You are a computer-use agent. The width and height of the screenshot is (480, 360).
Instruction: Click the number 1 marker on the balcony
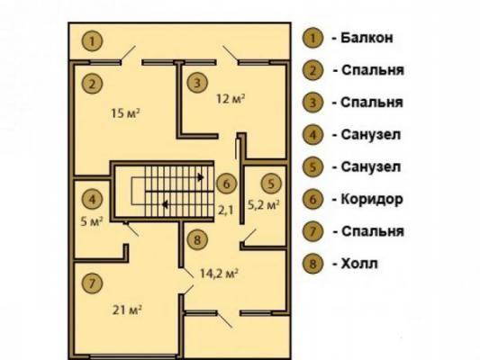click(92, 41)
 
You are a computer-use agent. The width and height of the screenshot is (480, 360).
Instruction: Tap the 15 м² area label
click(125, 113)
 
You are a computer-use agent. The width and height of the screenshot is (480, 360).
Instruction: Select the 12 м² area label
click(231, 99)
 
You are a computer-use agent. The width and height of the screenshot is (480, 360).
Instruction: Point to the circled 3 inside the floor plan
click(197, 83)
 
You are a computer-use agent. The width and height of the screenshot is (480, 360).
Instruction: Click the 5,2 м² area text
click(263, 205)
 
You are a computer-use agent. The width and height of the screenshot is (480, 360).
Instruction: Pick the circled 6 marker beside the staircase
click(227, 184)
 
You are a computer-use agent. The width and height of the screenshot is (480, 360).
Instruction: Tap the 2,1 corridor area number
click(225, 210)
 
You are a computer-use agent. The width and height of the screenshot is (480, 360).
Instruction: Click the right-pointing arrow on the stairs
click(201, 177)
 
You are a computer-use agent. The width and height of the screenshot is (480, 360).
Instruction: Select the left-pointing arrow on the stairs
click(165, 204)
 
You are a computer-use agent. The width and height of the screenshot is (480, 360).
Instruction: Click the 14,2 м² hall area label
click(219, 273)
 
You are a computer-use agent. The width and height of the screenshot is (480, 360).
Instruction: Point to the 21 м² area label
click(127, 310)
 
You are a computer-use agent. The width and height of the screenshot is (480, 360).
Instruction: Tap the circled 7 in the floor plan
click(92, 283)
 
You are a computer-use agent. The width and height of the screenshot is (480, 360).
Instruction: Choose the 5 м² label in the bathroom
click(92, 221)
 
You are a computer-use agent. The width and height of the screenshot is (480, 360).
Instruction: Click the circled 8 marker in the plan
click(197, 239)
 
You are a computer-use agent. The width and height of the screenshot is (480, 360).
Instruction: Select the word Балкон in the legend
click(367, 38)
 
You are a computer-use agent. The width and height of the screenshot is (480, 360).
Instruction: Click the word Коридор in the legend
click(372, 199)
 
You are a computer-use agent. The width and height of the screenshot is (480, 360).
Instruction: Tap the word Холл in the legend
click(359, 264)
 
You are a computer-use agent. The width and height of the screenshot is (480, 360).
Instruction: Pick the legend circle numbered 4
click(312, 135)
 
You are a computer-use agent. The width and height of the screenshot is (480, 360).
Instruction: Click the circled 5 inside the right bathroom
click(272, 184)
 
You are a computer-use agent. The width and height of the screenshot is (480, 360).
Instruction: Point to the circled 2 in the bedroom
click(92, 84)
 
